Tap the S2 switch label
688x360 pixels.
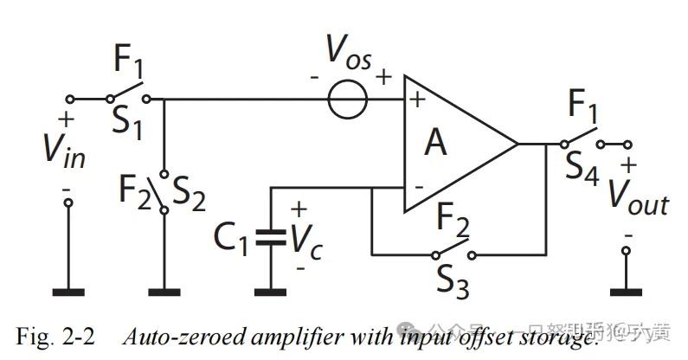click(189, 196)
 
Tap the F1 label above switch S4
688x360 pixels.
click(585, 107)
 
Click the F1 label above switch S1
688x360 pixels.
click(129, 63)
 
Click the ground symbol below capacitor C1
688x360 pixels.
click(272, 289)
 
